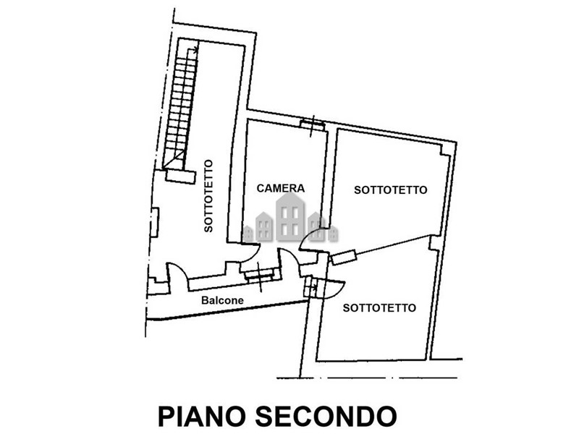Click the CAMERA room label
click(282, 188)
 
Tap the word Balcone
click(222, 300)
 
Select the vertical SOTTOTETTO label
click(208, 195)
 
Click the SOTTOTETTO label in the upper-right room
click(390, 190)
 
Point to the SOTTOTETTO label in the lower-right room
click(379, 307)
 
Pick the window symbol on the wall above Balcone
click(258, 273)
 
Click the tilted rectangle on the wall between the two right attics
click(343, 256)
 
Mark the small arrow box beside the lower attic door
click(312, 286)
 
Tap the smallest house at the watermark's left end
click(248, 233)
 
